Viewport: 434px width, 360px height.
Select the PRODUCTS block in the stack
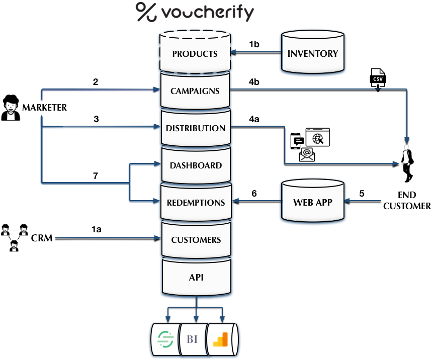[x=195, y=54]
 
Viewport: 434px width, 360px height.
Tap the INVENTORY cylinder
[x=312, y=54]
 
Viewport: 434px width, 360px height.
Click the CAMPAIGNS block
[x=195, y=91]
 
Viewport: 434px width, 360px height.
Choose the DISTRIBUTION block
[x=195, y=128]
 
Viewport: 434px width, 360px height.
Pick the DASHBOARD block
[x=195, y=165]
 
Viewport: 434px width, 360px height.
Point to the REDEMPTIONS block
[x=195, y=203]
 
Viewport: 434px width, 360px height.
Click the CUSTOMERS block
[x=195, y=240]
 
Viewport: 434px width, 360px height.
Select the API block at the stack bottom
[x=195, y=277]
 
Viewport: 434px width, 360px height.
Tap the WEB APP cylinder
[x=312, y=203]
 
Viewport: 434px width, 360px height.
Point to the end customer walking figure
[x=407, y=163]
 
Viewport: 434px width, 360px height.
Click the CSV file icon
[x=377, y=77]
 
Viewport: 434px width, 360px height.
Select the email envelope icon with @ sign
[x=306, y=155]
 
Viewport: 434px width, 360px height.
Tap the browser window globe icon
[x=317, y=137]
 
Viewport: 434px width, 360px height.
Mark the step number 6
[x=254, y=193]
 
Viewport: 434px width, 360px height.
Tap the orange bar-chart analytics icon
[x=220, y=339]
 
